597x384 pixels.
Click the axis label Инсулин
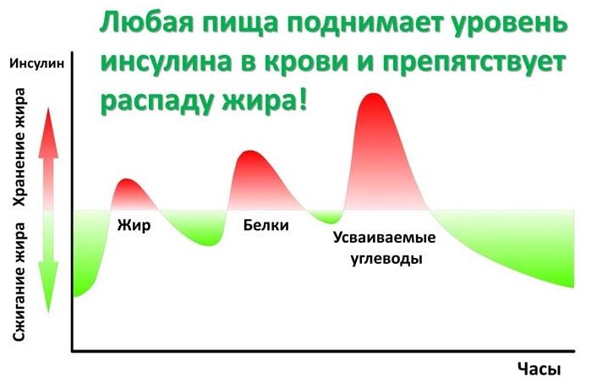(x=37, y=63)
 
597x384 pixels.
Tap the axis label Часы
(x=539, y=369)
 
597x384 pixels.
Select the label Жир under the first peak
(x=134, y=225)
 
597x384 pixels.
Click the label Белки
(x=266, y=225)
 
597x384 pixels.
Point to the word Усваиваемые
(x=384, y=238)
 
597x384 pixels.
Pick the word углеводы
(x=386, y=259)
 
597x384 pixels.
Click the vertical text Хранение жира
(x=19, y=147)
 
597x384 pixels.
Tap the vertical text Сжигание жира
(x=19, y=283)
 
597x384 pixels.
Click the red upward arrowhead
(x=48, y=134)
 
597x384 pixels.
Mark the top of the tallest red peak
(x=374, y=94)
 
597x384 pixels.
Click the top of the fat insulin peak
(x=126, y=179)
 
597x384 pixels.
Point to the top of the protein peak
(x=249, y=151)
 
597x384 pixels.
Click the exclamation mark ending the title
(x=302, y=98)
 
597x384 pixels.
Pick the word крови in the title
(x=306, y=61)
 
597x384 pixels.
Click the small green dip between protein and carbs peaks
(x=327, y=218)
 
